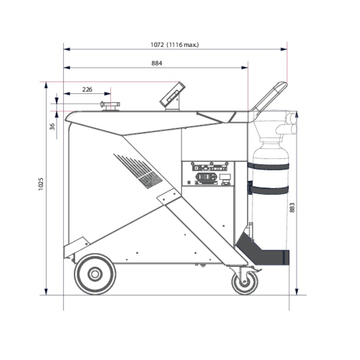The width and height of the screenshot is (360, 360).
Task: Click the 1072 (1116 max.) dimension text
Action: coord(174,45)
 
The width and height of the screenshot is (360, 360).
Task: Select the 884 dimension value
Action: coord(157,63)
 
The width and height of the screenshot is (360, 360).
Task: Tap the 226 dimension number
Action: coord(87,89)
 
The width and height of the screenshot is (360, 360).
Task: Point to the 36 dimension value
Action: coord(52,127)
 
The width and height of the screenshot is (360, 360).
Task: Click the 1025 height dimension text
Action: coord(41,184)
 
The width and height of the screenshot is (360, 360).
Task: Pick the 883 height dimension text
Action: coord(292,207)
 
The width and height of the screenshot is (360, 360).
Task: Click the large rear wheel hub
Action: coord(95,274)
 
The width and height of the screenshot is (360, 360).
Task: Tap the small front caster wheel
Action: coord(244,283)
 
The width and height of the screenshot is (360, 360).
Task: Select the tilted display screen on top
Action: coord(172,94)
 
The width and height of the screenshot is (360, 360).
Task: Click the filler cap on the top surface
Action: coord(110,106)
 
